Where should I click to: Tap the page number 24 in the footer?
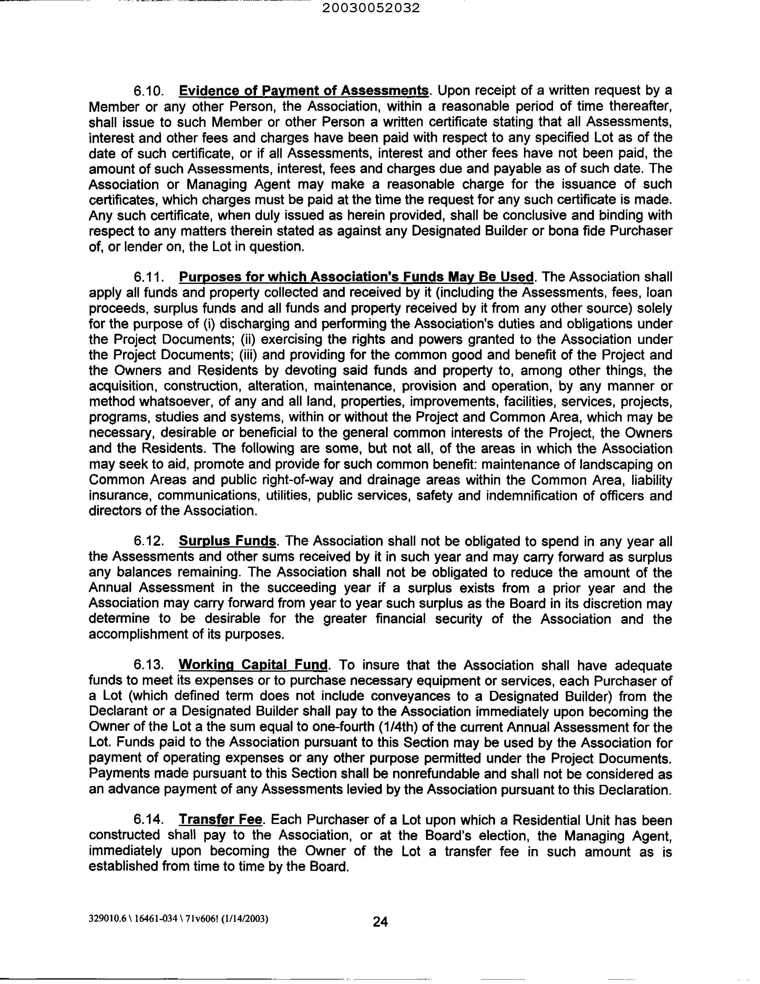pyautogui.click(x=380, y=922)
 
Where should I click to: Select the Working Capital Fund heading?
pyautogui.click(x=253, y=665)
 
